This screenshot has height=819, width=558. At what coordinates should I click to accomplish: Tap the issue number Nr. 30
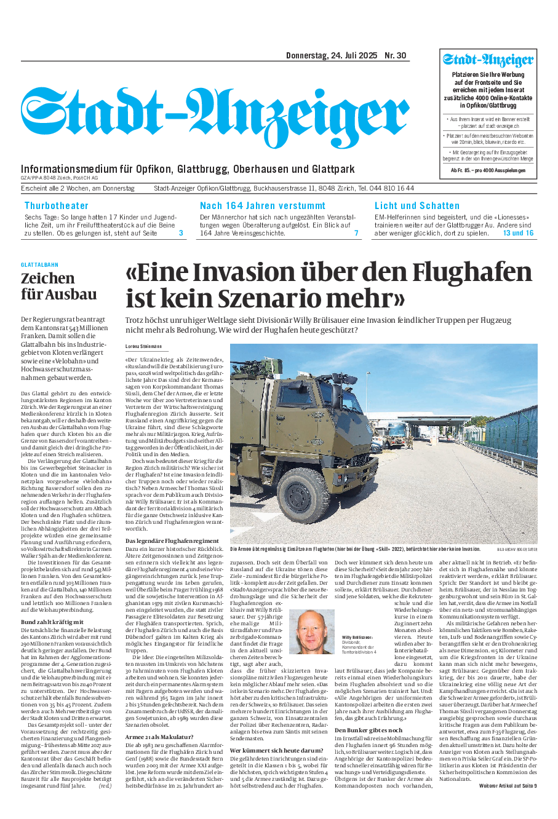[396, 56]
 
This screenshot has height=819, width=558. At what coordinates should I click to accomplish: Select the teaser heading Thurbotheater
[57, 206]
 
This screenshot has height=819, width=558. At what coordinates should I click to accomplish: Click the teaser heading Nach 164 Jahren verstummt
[263, 206]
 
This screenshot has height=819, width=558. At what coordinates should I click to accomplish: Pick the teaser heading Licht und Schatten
[417, 206]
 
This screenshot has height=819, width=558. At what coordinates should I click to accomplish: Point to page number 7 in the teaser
[356, 234]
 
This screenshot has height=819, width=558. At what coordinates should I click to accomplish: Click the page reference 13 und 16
[518, 234]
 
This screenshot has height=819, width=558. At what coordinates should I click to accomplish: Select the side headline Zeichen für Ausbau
[59, 286]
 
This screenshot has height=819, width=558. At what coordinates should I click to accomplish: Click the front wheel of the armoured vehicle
[306, 494]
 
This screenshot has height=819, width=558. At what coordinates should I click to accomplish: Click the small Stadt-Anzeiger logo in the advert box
[488, 61]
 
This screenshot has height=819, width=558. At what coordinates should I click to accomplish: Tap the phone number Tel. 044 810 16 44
[386, 188]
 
